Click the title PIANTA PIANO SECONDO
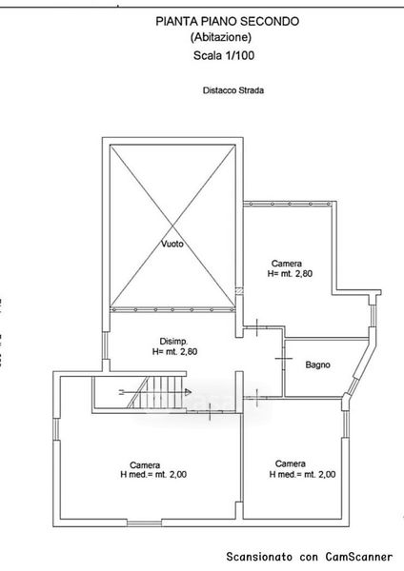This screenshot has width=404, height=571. (x=227, y=22)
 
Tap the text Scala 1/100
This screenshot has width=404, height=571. (x=224, y=56)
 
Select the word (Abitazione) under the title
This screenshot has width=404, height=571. (x=221, y=37)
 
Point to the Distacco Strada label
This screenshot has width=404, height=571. (x=233, y=90)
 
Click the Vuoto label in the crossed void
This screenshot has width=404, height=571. (x=172, y=244)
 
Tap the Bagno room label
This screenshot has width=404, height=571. (x=318, y=364)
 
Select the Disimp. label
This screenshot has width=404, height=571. (x=174, y=342)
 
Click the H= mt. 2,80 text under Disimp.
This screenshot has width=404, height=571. (x=174, y=352)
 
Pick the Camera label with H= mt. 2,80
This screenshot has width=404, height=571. (x=287, y=264)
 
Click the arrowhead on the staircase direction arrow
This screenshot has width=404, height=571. (x=188, y=392)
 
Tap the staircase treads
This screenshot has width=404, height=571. (x=158, y=392)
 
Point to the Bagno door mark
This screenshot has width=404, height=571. (x=283, y=359)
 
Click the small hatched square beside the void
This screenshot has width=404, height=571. (x=239, y=291)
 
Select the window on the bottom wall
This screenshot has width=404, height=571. (x=145, y=522)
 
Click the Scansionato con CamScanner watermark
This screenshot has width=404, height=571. (x=310, y=557)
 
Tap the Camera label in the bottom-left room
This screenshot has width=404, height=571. (x=145, y=465)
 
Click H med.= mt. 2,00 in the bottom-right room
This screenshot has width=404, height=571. (x=302, y=474)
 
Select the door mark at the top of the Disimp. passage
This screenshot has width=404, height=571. (x=257, y=327)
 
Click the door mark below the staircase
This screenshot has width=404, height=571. (x=211, y=411)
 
